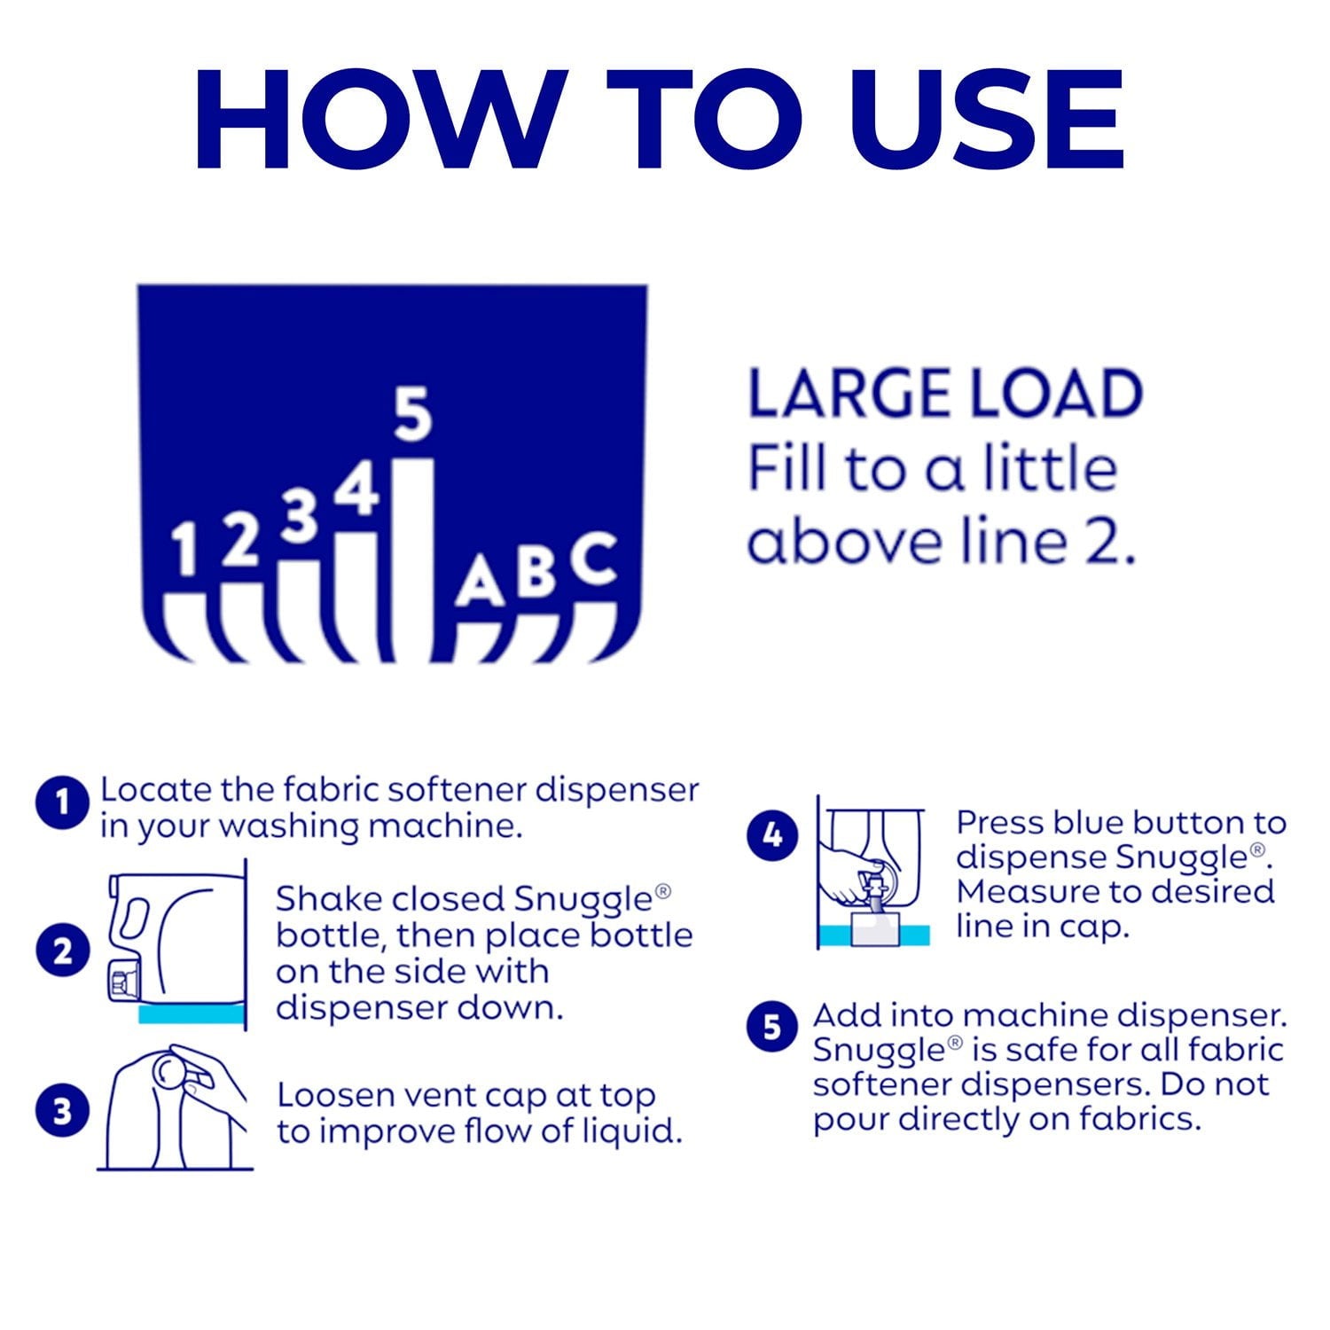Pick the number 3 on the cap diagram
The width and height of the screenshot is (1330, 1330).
300,516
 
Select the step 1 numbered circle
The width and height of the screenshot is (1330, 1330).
62,803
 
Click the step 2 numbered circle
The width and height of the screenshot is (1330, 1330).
62,952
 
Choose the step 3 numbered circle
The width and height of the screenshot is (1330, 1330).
62,1110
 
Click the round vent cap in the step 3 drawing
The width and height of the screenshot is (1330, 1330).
168,1068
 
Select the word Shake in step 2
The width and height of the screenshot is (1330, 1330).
328,899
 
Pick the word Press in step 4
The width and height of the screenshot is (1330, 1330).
1000,823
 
